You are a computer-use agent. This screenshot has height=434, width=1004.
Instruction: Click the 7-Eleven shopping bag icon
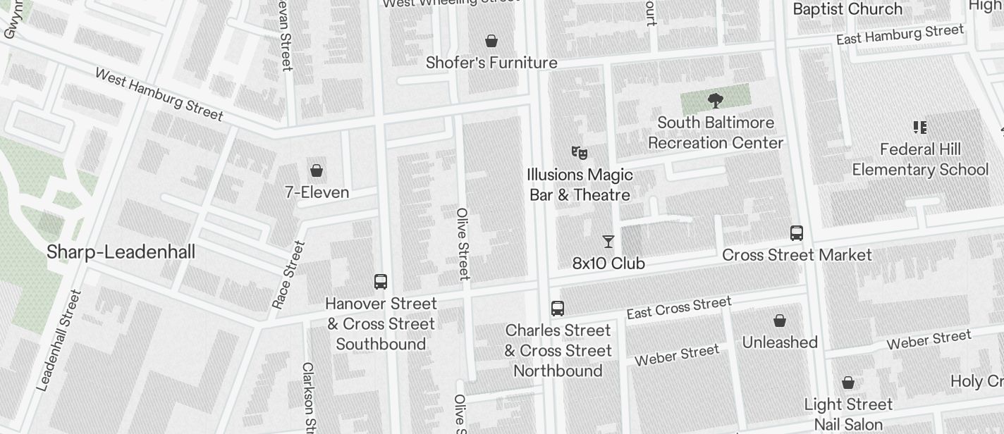click(317, 170)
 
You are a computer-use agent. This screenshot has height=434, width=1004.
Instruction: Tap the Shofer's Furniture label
click(491, 63)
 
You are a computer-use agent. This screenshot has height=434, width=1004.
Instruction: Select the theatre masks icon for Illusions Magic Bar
click(579, 152)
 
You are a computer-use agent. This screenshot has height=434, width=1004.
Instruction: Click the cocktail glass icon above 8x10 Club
click(608, 242)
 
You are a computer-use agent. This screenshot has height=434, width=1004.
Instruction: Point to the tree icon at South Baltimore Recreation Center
click(715, 100)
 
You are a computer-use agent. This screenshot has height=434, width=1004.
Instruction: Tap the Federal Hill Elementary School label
click(920, 159)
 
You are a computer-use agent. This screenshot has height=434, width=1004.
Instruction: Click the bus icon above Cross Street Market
click(797, 233)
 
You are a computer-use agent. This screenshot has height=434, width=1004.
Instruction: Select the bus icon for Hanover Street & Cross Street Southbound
click(381, 282)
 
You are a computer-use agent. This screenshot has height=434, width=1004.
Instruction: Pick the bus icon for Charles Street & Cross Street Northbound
click(557, 309)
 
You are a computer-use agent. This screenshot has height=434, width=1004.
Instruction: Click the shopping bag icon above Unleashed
click(780, 321)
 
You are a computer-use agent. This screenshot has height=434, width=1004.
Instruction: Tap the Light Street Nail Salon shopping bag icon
click(848, 383)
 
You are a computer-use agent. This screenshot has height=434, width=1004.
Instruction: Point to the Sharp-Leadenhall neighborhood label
click(121, 252)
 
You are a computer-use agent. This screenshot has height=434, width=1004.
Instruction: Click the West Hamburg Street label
click(159, 94)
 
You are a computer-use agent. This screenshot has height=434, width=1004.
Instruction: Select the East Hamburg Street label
click(900, 34)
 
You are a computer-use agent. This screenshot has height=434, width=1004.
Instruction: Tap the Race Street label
click(288, 275)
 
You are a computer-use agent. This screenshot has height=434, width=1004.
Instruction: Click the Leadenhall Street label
click(60, 340)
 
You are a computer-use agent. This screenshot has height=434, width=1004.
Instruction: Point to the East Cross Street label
click(678, 308)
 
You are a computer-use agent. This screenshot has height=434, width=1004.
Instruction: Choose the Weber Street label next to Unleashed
click(677, 354)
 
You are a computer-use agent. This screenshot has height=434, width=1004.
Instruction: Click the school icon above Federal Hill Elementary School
click(919, 128)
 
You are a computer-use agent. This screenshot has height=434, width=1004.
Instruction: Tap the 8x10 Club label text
click(608, 263)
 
